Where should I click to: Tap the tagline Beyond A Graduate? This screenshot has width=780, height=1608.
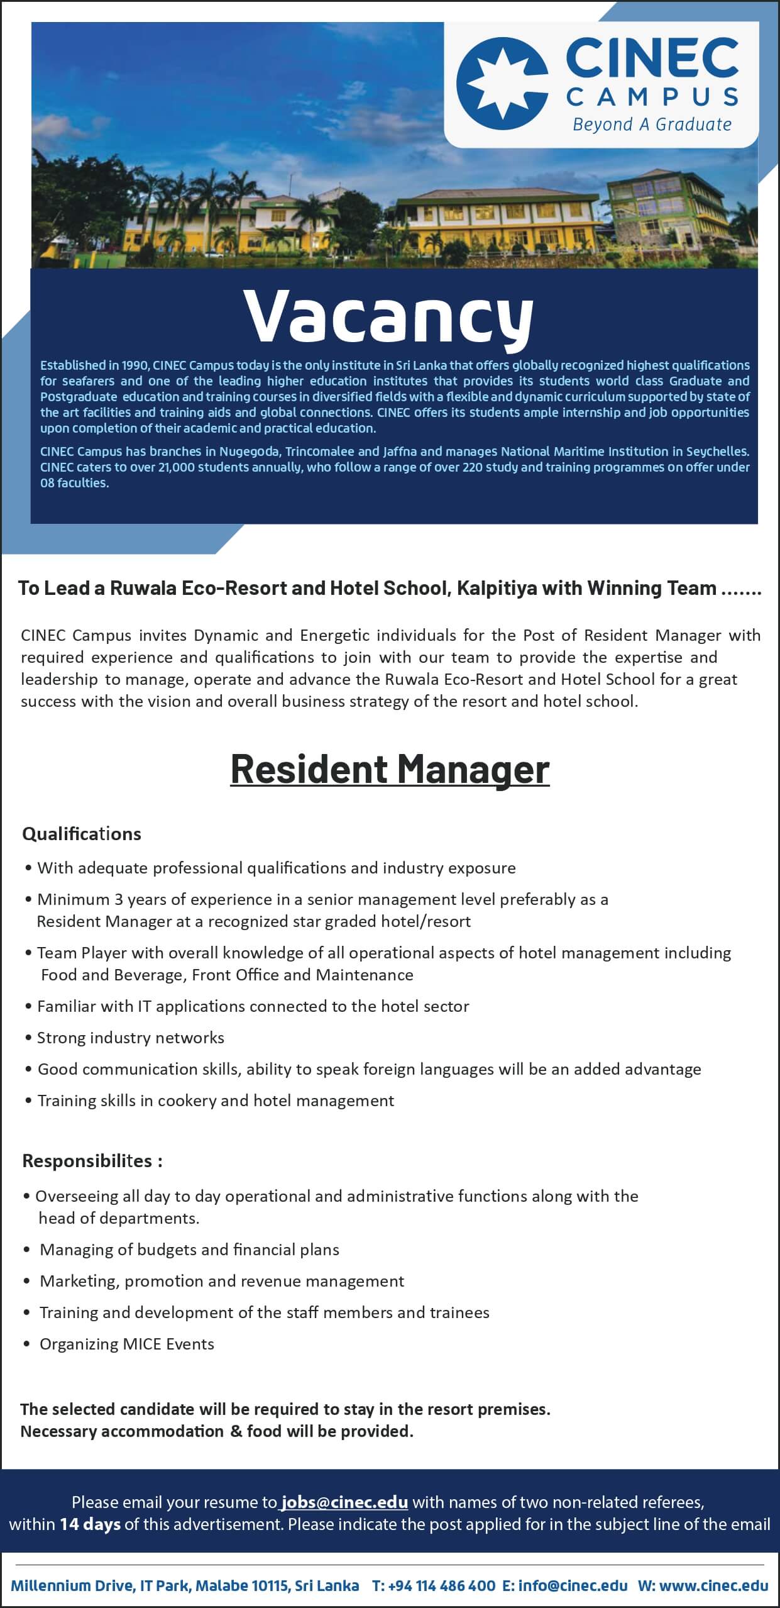[652, 125]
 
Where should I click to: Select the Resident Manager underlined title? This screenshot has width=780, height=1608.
[390, 768]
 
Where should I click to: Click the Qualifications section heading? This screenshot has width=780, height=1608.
[82, 834]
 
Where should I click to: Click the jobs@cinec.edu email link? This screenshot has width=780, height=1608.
[344, 1502]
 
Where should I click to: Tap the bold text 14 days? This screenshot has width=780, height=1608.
[90, 1524]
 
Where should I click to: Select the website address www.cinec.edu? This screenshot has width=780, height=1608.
[714, 1586]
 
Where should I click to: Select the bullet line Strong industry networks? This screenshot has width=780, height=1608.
[130, 1038]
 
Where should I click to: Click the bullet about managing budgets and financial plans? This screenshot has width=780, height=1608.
[189, 1250]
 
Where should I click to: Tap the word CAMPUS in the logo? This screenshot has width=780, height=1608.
[652, 97]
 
